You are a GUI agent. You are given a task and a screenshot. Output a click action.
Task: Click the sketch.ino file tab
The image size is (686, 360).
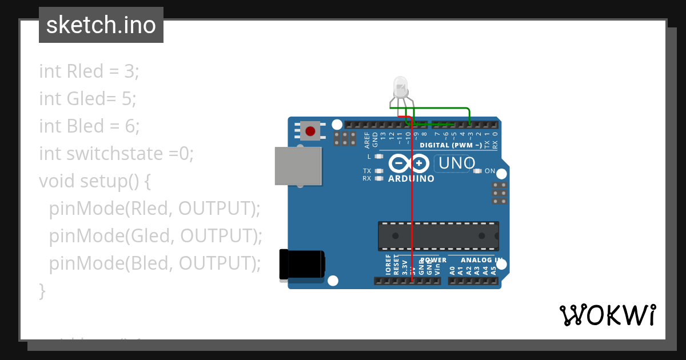click(101, 25)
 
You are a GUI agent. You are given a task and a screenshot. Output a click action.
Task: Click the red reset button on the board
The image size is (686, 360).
click(310, 131)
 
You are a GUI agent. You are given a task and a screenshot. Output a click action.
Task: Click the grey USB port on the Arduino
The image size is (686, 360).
click(297, 166)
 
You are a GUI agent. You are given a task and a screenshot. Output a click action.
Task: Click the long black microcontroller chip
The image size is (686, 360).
click(438, 236)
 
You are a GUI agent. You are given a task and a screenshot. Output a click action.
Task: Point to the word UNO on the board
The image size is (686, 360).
click(455, 163)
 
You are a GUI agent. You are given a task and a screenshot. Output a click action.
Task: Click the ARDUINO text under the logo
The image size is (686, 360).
click(411, 179)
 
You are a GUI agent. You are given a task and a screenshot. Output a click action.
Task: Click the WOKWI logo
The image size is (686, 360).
click(608, 315)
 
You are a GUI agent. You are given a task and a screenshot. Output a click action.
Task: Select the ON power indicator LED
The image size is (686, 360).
click(477, 171)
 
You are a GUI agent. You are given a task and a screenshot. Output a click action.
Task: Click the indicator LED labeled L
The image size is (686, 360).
click(378, 156)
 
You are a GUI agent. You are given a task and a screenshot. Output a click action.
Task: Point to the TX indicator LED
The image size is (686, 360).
click(378, 171)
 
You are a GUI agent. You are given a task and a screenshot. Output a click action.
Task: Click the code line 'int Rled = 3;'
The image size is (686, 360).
click(89, 71)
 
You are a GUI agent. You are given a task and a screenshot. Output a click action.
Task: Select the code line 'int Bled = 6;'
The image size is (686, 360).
click(89, 126)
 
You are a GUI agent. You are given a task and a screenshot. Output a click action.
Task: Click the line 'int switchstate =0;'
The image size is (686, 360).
click(117, 154)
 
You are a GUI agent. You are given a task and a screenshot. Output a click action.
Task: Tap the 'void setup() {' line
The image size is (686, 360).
click(95, 181)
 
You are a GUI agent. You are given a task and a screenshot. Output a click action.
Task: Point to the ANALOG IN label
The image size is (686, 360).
click(481, 261)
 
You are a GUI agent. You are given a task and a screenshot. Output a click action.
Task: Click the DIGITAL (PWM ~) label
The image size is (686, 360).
click(450, 145)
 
